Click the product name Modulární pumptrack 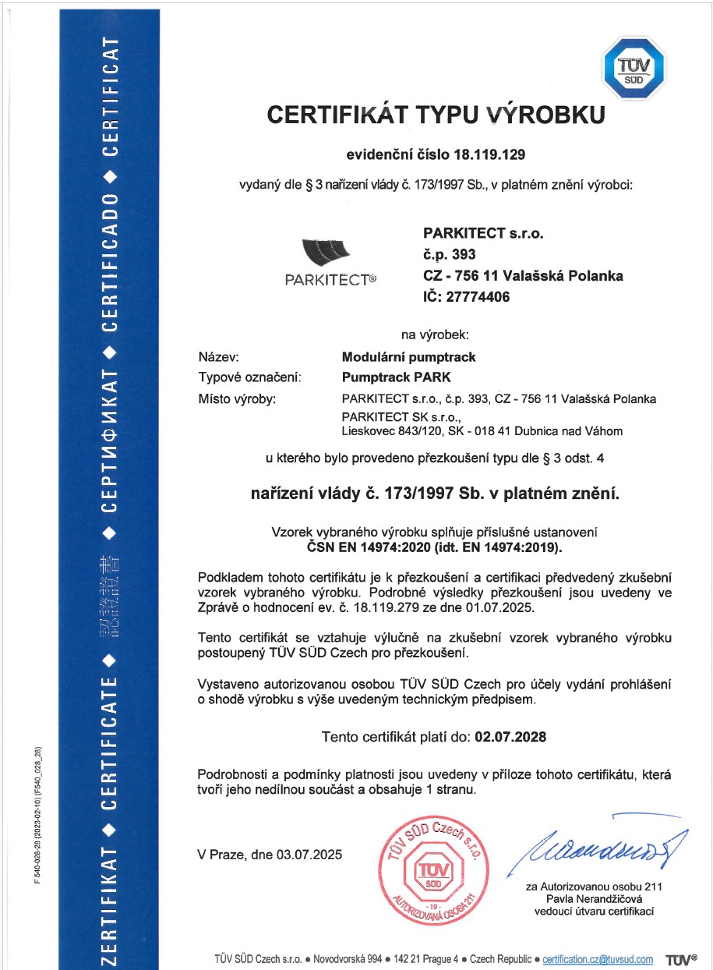409,357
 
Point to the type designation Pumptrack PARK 391,377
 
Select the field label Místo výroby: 238,398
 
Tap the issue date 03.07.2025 309,854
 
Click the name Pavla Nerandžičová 594,898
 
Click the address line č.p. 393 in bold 449,253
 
